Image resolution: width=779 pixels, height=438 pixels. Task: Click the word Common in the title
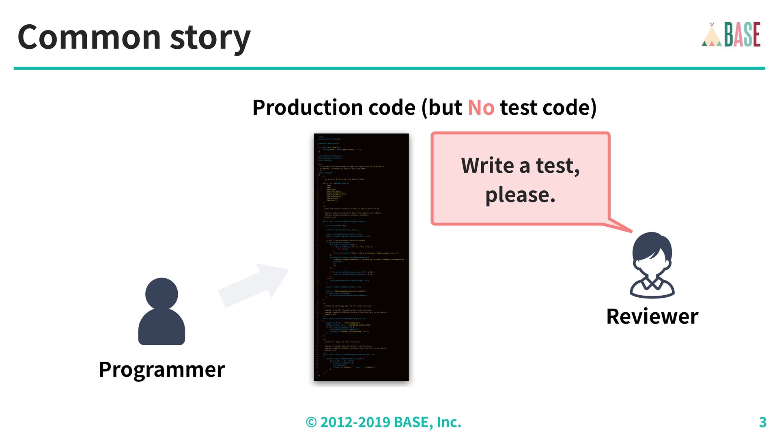pyautogui.click(x=89, y=37)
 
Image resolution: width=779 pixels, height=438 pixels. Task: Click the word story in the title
pyautogui.click(x=210, y=39)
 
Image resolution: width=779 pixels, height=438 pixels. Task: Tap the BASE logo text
pyautogui.click(x=742, y=35)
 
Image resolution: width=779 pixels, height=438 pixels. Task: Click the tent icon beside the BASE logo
pyautogui.click(x=712, y=36)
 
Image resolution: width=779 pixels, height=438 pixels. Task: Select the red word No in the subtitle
pyautogui.click(x=481, y=107)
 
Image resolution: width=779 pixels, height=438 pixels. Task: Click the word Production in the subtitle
pyautogui.click(x=307, y=107)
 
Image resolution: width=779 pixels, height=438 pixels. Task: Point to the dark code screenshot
pyautogui.click(x=361, y=257)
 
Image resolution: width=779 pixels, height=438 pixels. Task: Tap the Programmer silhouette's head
pyautogui.click(x=161, y=294)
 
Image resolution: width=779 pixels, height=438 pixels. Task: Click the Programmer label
pyautogui.click(x=161, y=369)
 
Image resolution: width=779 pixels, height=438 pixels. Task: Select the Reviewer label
pyautogui.click(x=652, y=316)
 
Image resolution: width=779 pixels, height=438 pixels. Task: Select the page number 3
pyautogui.click(x=762, y=422)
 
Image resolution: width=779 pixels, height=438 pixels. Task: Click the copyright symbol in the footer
pyautogui.click(x=311, y=422)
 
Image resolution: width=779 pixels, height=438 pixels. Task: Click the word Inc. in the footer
pyautogui.click(x=449, y=422)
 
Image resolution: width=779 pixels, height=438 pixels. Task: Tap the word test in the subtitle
pyautogui.click(x=519, y=107)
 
